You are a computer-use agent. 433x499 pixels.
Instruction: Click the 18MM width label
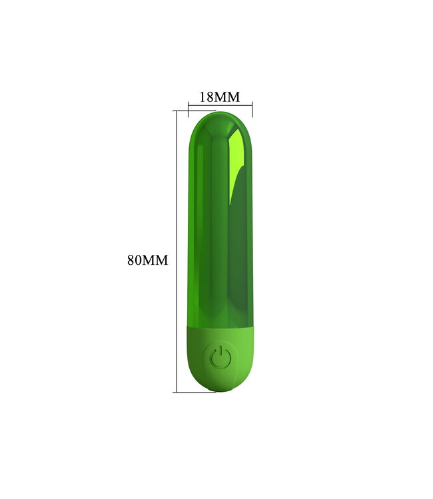coord(219,97)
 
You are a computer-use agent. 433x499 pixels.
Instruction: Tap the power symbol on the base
coord(220,358)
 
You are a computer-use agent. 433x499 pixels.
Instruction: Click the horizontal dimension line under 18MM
coord(220,104)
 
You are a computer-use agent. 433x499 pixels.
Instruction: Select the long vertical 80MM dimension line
coord(177,253)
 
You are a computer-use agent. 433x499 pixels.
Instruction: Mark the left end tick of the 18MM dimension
coord(189,104)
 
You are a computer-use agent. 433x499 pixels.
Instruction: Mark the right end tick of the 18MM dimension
coord(252,104)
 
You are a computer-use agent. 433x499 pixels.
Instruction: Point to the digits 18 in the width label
coord(207,97)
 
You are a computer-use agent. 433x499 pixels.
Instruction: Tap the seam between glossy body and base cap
coord(220,326)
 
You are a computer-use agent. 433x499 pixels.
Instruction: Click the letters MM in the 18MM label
coord(227,97)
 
